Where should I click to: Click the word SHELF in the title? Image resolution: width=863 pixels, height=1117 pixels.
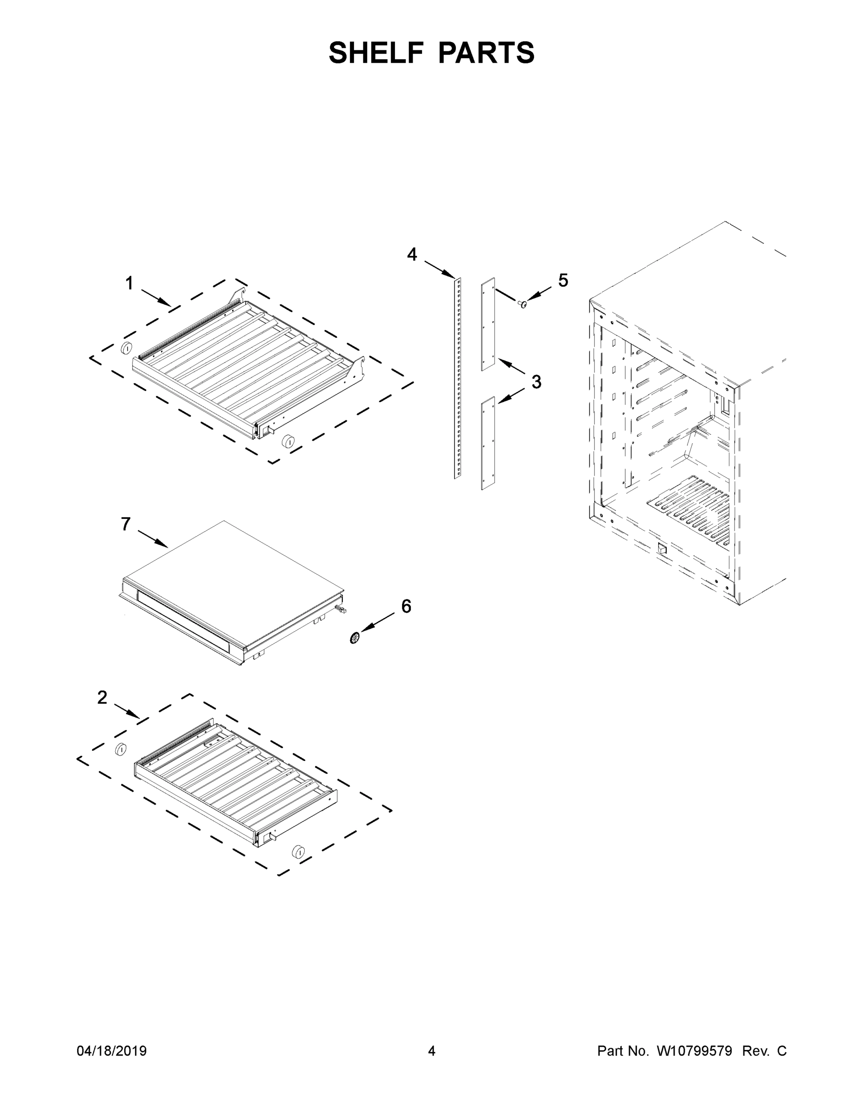[376, 53]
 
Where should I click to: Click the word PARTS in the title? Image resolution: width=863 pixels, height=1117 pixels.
[486, 53]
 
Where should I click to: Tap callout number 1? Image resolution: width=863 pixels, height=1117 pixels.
[129, 283]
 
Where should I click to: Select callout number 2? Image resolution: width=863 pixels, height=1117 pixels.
[102, 697]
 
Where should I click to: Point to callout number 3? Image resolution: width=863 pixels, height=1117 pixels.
[536, 382]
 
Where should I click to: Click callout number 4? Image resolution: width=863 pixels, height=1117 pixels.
[412, 254]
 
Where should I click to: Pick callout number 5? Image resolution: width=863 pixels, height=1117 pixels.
[563, 280]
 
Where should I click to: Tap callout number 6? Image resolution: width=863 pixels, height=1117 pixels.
[406, 606]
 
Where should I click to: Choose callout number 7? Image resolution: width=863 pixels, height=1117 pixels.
[126, 524]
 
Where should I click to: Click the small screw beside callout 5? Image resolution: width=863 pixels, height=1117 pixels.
[522, 305]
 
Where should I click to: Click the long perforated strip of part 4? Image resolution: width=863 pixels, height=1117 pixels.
[458, 378]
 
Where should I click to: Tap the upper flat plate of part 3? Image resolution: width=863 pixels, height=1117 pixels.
[488, 324]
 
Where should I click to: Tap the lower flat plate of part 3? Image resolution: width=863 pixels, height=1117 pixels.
[488, 443]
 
